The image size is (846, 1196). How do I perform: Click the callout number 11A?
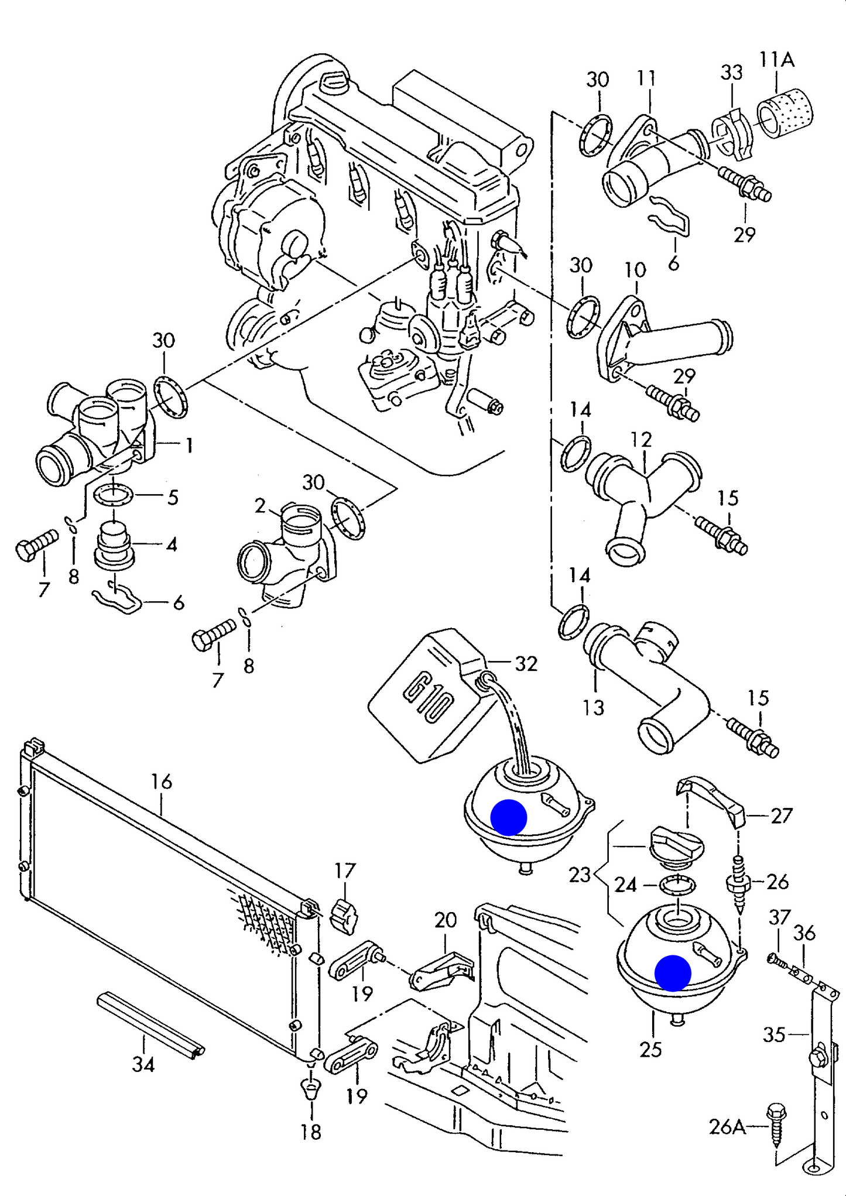pyautogui.click(x=776, y=60)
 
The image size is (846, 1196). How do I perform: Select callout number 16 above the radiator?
pyautogui.click(x=162, y=782)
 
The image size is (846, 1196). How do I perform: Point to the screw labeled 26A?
pyautogui.click(x=776, y=1124)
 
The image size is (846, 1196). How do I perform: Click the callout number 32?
pyautogui.click(x=526, y=663)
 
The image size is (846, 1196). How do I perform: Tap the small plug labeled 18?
pyautogui.click(x=311, y=1090)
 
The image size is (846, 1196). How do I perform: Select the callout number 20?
pyautogui.click(x=445, y=920)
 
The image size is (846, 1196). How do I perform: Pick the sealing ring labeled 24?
pyautogui.click(x=677, y=885)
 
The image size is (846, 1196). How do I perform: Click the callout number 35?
pyautogui.click(x=773, y=1034)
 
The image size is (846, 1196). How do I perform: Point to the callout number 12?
pyautogui.click(x=641, y=439)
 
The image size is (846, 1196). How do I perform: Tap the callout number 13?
pyautogui.click(x=592, y=708)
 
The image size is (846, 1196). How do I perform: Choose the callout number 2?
pyautogui.click(x=261, y=505)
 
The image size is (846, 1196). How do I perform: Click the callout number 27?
pyautogui.click(x=782, y=815)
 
